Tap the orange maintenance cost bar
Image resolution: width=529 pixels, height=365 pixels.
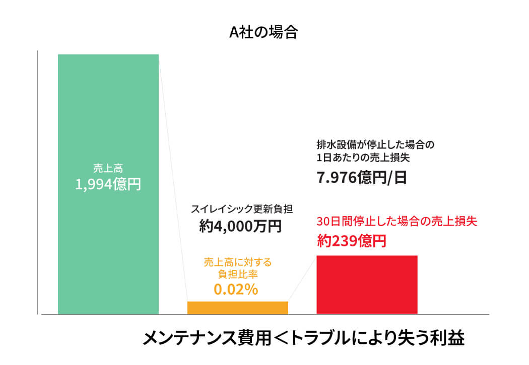(x=237, y=308)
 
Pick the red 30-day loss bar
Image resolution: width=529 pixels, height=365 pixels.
(x=367, y=285)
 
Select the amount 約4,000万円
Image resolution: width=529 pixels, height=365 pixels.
(x=240, y=227)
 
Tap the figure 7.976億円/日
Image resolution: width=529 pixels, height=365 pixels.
(x=361, y=178)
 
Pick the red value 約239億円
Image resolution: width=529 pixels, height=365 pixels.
(x=352, y=241)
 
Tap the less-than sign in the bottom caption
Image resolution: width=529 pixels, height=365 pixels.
(x=282, y=338)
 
